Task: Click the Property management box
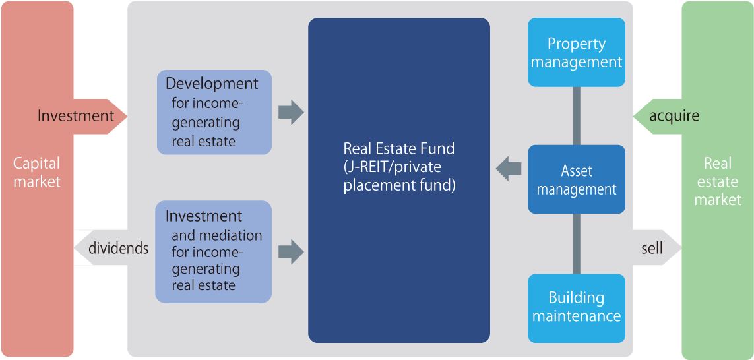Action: pyautogui.click(x=577, y=53)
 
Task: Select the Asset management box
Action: pyautogui.click(x=577, y=180)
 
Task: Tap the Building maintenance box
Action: pyautogui.click(x=577, y=307)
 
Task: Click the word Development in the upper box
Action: pyautogui.click(x=212, y=84)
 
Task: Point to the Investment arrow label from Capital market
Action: pyautogui.click(x=76, y=116)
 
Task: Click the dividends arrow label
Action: pyautogui.click(x=118, y=248)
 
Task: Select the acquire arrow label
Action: pyautogui.click(x=674, y=116)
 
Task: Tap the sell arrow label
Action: pyautogui.click(x=652, y=249)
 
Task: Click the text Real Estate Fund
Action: pyautogui.click(x=398, y=148)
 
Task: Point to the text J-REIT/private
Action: pyautogui.click(x=392, y=167)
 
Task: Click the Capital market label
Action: pyautogui.click(x=37, y=172)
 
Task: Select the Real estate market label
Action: pyautogui.click(x=718, y=181)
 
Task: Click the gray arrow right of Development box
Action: pyautogui.click(x=290, y=112)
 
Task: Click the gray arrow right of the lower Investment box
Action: pyautogui.click(x=290, y=251)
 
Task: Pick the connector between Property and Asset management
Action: pyautogui.click(x=577, y=115)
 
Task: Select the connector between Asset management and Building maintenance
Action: pyautogui.click(x=577, y=243)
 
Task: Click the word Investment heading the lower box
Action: pyautogui.click(x=204, y=216)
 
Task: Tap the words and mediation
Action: pyautogui.click(x=216, y=235)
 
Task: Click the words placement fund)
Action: pyautogui.click(x=399, y=185)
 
